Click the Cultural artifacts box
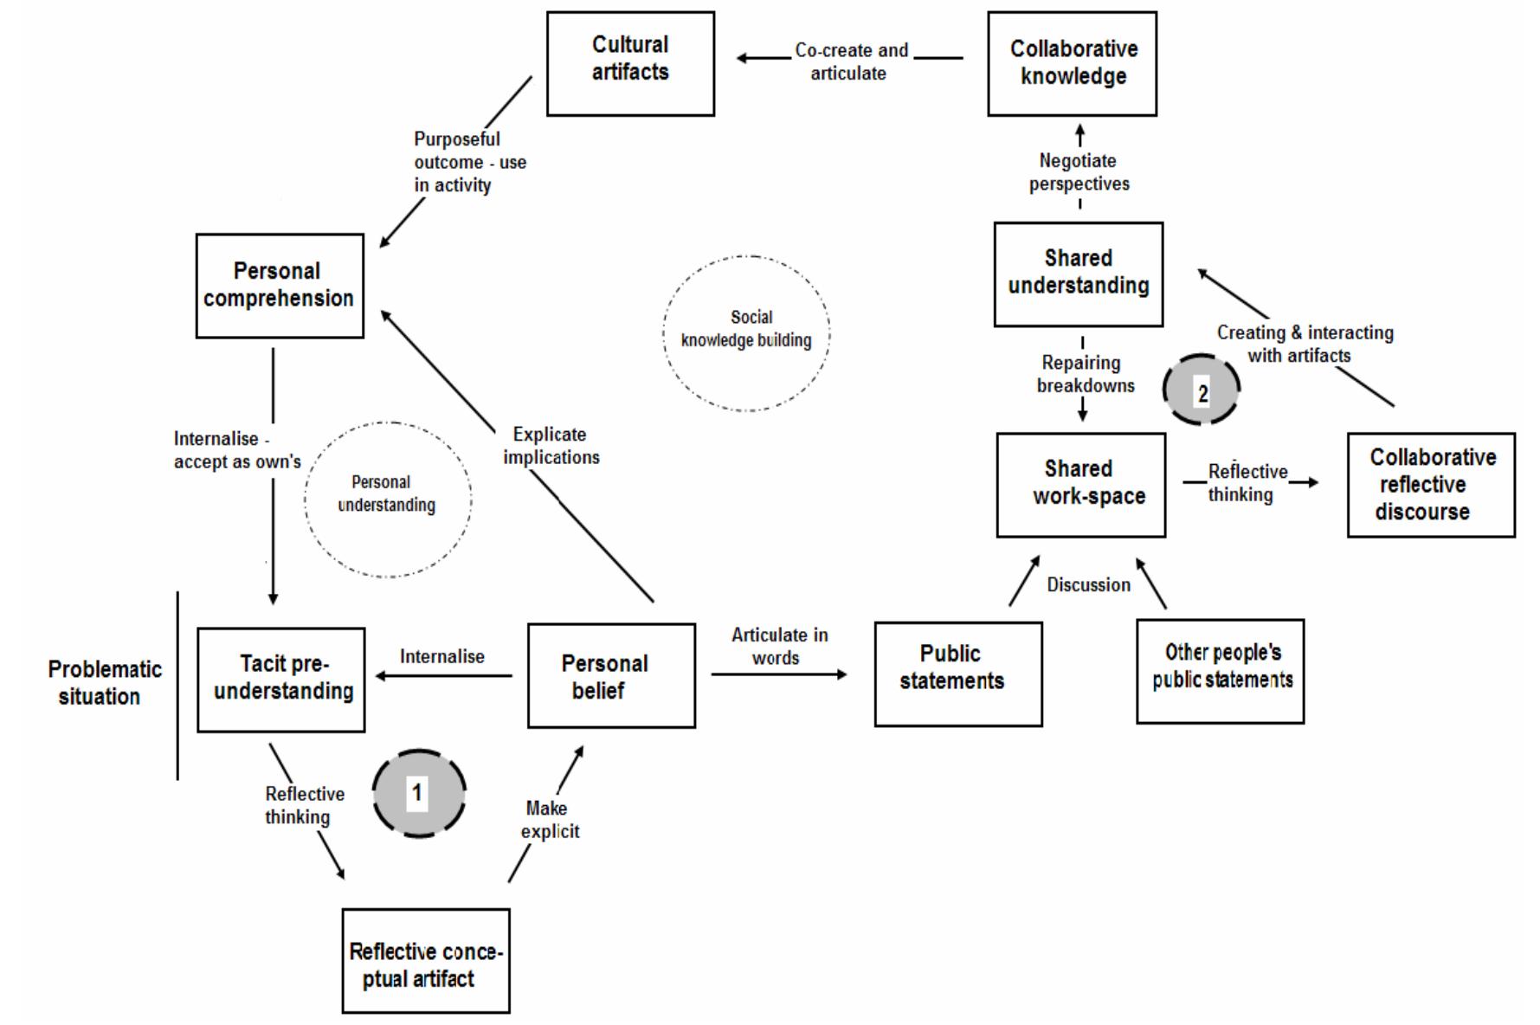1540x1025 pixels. (630, 63)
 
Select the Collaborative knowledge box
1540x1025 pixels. (1072, 63)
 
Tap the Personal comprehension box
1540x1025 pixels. (279, 285)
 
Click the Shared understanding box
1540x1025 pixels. (1078, 274)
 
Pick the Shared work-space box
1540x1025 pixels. (1080, 485)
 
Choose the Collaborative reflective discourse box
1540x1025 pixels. (1430, 485)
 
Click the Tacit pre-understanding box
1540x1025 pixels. (280, 680)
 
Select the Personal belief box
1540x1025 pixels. (610, 675)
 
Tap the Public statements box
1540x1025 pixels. (957, 674)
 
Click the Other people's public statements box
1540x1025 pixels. (1220, 671)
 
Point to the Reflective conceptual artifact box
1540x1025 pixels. (425, 960)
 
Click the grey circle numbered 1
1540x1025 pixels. (419, 793)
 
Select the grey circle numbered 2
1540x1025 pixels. (1201, 390)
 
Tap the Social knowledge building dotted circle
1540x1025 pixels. (746, 332)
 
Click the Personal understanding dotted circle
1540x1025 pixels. (387, 500)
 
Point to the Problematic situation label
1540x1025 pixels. (104, 682)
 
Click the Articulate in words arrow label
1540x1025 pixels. (778, 646)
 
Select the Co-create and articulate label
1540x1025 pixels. (850, 61)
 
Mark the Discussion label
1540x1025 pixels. (1088, 585)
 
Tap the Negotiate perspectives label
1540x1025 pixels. (1079, 171)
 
